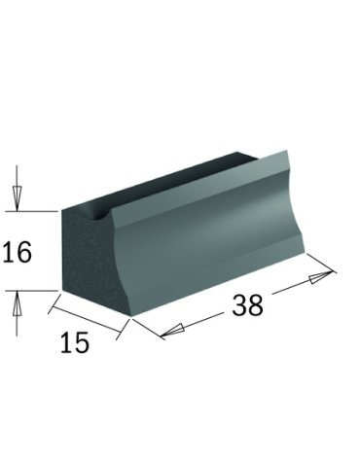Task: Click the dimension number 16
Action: point(18,252)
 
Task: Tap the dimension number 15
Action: point(75,342)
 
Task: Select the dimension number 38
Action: point(247,305)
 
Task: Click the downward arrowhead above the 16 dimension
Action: point(17,198)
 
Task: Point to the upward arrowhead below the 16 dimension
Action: point(17,302)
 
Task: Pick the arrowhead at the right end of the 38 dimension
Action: point(321,277)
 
